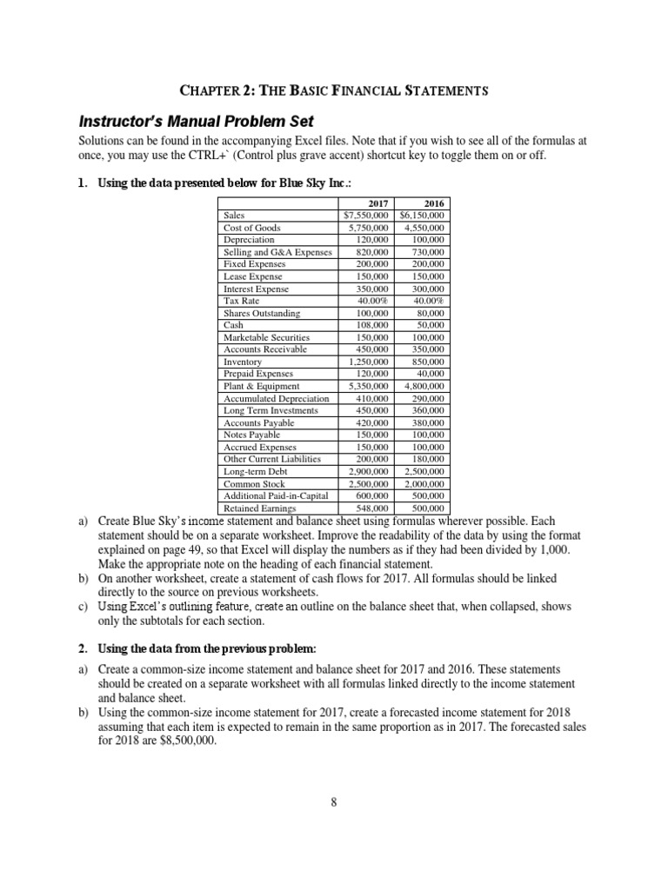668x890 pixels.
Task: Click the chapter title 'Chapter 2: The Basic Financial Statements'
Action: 333,90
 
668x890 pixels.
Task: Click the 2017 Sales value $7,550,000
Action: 367,215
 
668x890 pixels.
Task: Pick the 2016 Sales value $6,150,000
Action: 423,215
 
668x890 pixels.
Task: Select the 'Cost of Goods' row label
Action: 251,227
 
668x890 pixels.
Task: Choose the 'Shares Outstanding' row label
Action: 262,312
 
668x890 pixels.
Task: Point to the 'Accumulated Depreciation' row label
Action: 277,398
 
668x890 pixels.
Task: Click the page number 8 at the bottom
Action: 334,801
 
